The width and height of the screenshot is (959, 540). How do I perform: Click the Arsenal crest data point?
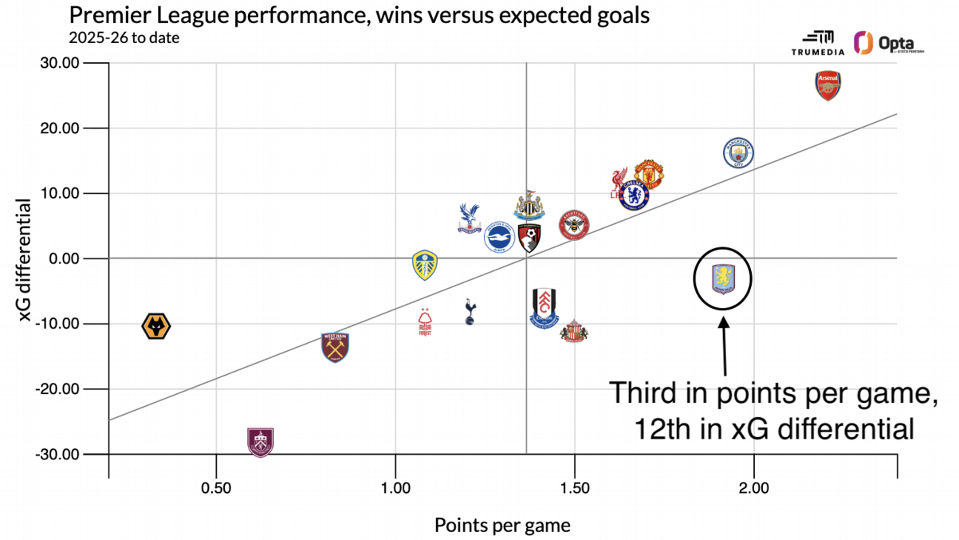point(828,85)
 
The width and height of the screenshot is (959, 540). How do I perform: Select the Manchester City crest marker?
point(738,153)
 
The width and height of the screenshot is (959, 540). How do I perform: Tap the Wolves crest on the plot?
point(156,326)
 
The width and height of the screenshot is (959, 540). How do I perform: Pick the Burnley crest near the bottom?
point(260,442)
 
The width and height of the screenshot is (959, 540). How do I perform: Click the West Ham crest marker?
point(335,347)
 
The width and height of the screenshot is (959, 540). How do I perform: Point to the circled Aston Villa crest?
point(723,279)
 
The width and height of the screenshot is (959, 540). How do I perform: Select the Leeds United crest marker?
point(425,265)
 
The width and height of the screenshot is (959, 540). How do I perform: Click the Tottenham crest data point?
point(470,312)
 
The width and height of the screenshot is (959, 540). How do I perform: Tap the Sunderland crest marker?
point(574,331)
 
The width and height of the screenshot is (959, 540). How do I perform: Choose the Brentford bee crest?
point(574,225)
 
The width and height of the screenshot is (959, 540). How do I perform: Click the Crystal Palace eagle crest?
point(469,218)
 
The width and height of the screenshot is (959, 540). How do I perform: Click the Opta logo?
point(889,43)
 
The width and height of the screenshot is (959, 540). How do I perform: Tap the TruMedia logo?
point(818,43)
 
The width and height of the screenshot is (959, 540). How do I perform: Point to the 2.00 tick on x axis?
point(754,488)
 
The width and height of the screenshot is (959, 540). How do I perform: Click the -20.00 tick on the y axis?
point(57,389)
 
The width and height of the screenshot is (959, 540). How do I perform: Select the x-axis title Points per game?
point(502,525)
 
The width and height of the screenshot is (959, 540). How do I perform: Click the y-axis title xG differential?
point(23,259)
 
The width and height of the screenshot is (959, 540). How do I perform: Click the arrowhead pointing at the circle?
point(723,323)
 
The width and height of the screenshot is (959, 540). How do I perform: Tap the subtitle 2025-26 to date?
point(124,38)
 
